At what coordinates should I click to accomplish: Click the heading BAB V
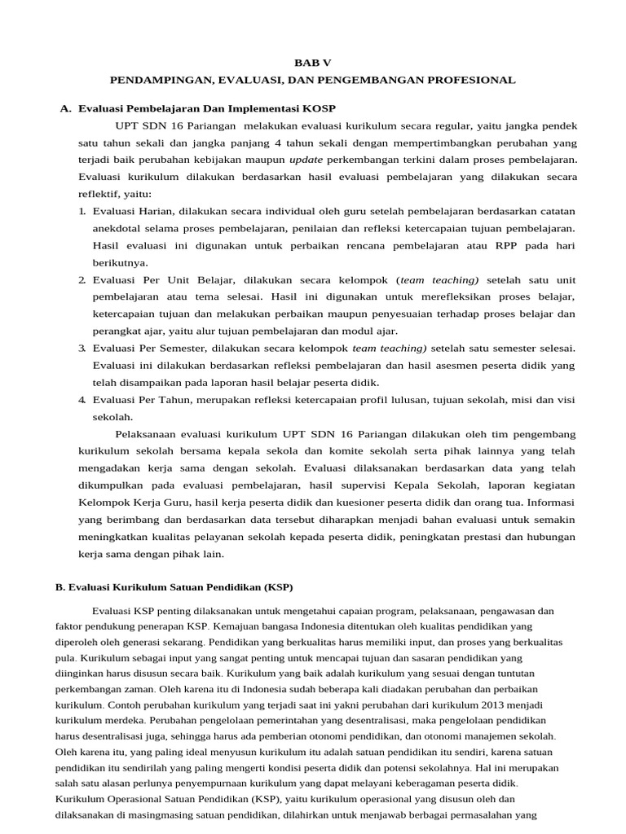coord(312,63)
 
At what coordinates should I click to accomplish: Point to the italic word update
coord(306,160)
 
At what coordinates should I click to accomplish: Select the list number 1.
coord(82,211)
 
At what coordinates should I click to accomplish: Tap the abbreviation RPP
coord(483,245)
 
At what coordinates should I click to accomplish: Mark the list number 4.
coord(82,399)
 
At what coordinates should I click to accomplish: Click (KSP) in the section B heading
coord(276,586)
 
